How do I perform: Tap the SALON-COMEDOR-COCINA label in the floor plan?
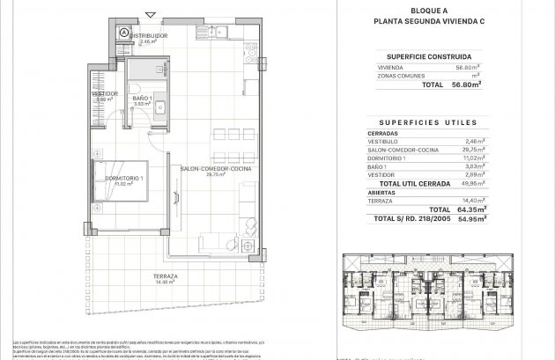click(x=203, y=169)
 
